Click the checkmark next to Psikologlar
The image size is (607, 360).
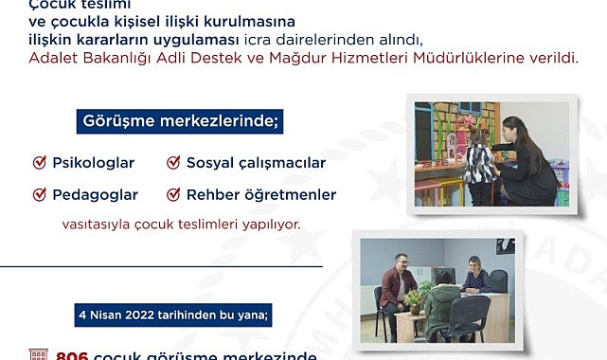[x=40, y=163]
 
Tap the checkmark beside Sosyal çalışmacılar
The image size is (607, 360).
[x=172, y=163]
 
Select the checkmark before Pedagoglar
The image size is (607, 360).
[x=40, y=194]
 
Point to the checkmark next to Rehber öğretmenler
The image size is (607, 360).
[x=172, y=194]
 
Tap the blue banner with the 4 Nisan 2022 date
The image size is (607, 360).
[x=175, y=315]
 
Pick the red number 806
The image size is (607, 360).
[x=72, y=355]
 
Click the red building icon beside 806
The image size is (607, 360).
[x=38, y=355]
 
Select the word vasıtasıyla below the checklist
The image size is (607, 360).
[x=99, y=225]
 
